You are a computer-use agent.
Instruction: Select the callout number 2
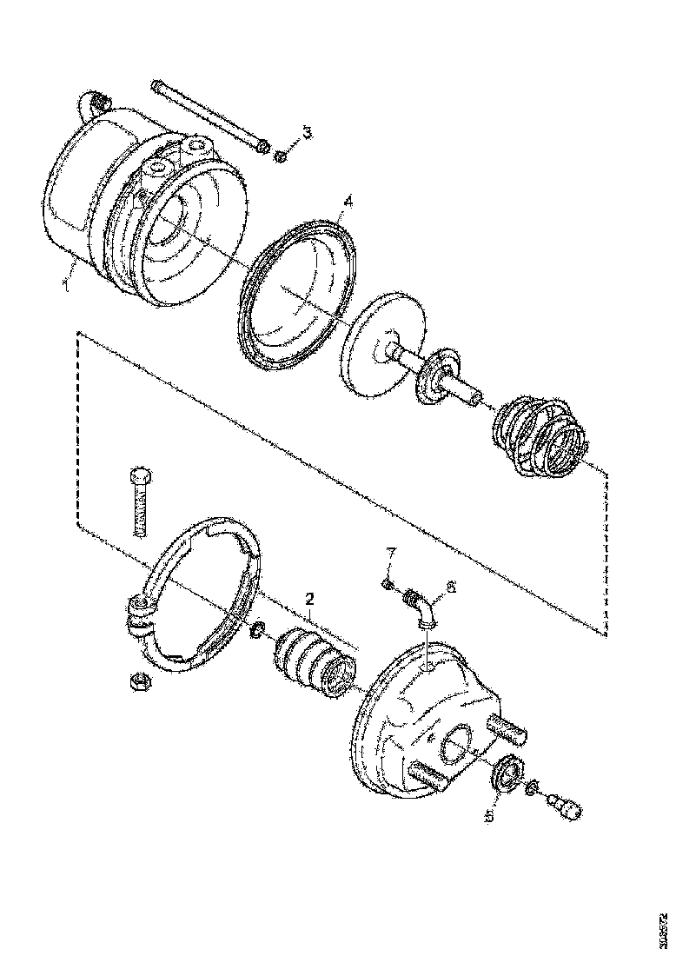point(308,599)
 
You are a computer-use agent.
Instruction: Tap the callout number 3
point(307,132)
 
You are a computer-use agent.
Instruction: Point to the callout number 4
point(347,202)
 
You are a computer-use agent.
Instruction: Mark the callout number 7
point(391,554)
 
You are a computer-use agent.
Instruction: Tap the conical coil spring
point(539,437)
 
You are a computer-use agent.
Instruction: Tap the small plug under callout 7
point(388,584)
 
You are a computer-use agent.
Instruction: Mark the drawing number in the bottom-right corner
point(665,930)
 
